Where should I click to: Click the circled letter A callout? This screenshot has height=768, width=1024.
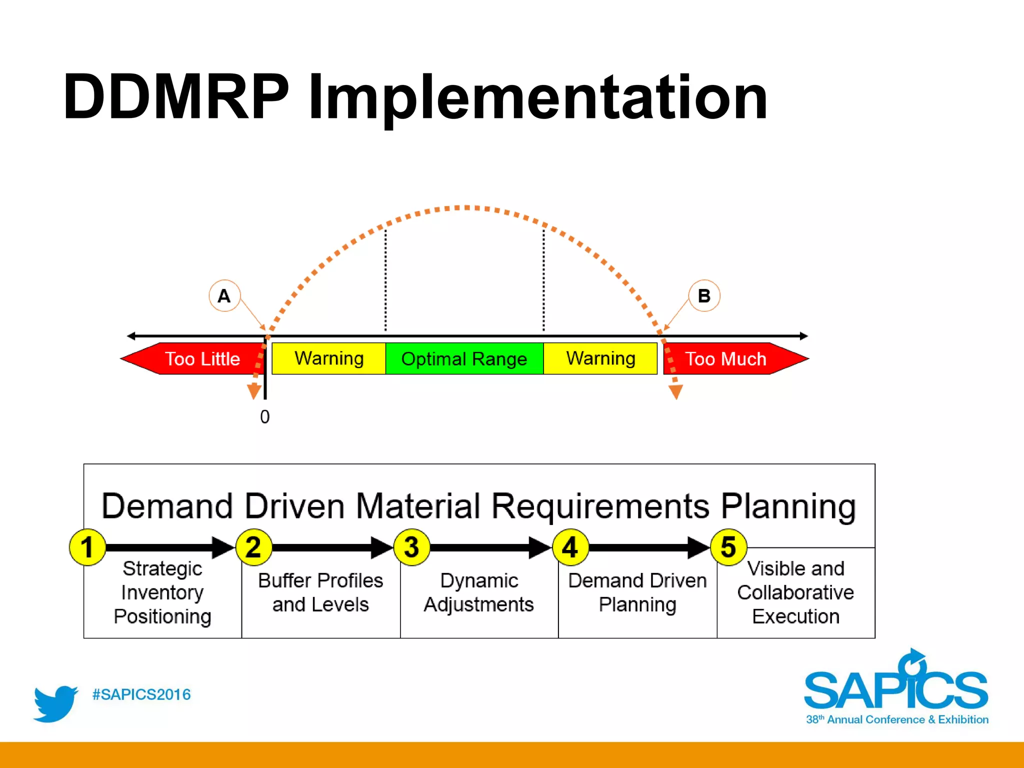[224, 296]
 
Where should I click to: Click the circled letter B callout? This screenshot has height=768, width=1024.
[704, 296]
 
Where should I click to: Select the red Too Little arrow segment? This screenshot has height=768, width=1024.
[195, 358]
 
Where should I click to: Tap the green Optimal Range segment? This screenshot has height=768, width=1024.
[464, 358]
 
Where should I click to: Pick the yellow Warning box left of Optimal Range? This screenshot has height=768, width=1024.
[328, 358]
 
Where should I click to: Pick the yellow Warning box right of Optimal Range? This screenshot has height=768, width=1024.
[600, 358]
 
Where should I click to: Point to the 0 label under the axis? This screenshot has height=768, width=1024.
[265, 417]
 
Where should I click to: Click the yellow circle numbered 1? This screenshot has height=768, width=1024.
[87, 547]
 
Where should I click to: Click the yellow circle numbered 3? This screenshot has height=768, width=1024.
[411, 547]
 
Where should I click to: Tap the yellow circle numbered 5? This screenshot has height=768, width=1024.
[728, 547]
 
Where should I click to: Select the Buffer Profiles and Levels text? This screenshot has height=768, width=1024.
[320, 592]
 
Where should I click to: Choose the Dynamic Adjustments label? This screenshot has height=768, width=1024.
[479, 592]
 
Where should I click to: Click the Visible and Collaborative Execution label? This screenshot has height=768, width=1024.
[795, 592]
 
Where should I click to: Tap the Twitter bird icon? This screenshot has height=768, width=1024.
[55, 703]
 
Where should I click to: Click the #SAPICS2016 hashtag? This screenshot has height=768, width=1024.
[141, 694]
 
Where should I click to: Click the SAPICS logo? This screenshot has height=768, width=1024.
[896, 687]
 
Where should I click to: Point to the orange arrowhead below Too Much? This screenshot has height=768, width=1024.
[675, 392]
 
